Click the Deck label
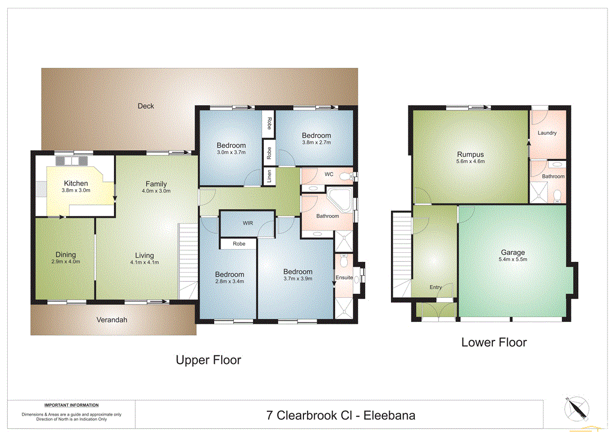click(146, 106)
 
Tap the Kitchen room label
click(76, 183)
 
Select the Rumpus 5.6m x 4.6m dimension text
click(471, 161)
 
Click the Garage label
click(513, 252)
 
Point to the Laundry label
click(547, 133)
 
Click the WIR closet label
click(248, 223)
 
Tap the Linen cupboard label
click(269, 177)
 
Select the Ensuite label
click(344, 277)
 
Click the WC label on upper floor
click(329, 175)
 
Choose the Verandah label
click(112, 320)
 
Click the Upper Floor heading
click(208, 360)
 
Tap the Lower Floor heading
click(493, 342)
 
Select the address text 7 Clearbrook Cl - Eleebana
click(341, 415)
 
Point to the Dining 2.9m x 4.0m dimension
click(65, 261)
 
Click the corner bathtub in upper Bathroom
click(340, 199)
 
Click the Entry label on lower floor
click(435, 288)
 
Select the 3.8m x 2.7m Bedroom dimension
click(316, 142)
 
